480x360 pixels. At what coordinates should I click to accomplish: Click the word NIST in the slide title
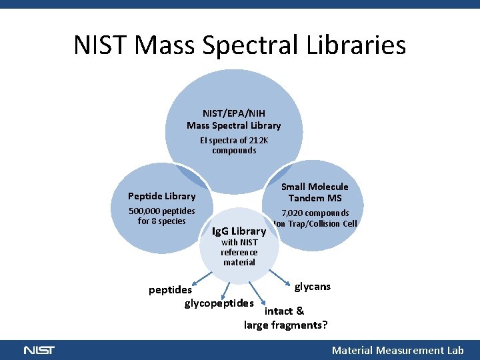tap(100, 45)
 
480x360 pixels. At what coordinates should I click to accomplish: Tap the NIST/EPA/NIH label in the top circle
tap(234, 113)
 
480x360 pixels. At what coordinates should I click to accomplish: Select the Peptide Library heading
tap(161, 196)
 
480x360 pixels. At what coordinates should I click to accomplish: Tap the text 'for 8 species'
tap(161, 221)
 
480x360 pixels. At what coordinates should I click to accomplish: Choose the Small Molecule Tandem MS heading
tap(315, 192)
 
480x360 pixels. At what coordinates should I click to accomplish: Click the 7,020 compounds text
tap(315, 213)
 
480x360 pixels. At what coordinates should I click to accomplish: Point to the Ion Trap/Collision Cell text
tap(315, 223)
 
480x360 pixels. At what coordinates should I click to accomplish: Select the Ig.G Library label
tap(239, 232)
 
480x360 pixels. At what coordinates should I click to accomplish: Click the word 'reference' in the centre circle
tap(239, 253)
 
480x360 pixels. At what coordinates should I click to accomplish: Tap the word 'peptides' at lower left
tap(170, 289)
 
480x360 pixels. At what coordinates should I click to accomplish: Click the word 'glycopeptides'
tap(219, 303)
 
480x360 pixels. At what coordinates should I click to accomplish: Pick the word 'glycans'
tap(313, 287)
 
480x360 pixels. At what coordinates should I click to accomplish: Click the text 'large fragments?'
tap(285, 325)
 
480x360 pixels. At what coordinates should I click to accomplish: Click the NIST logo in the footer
tap(39, 350)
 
